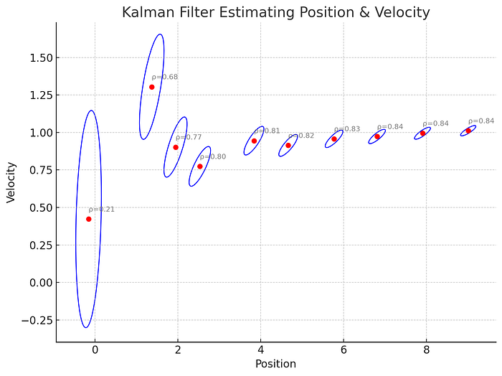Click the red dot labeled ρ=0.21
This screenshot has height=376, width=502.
88,219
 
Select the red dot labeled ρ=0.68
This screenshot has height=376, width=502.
151,87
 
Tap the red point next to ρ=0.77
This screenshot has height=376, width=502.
176,147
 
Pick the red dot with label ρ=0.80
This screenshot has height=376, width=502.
200,166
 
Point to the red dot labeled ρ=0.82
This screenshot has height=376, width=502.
288,145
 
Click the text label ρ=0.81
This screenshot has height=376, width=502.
267,131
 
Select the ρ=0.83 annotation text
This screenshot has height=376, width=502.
347,129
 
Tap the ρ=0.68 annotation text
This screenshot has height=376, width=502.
165,77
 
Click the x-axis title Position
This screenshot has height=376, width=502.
275,364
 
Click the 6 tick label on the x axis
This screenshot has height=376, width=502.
344,349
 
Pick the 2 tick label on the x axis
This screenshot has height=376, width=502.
178,349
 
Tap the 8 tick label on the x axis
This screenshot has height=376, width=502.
427,349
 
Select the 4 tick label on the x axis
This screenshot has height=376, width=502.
261,349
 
